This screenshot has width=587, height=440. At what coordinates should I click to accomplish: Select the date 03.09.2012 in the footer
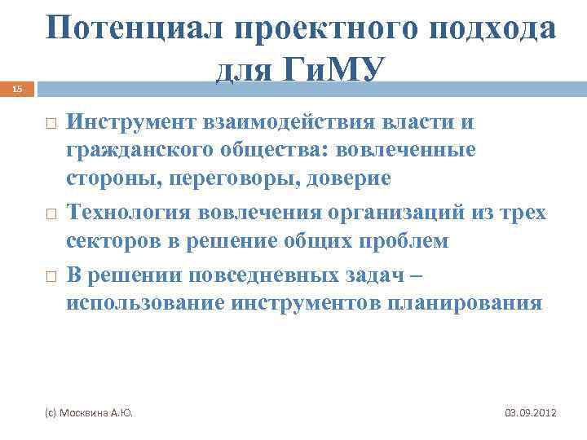point(530,413)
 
